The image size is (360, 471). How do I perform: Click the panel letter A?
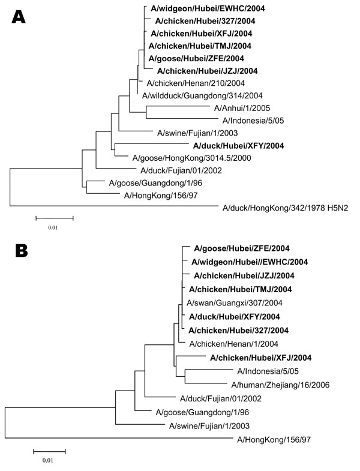19,17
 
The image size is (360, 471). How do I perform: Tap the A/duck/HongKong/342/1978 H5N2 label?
285,208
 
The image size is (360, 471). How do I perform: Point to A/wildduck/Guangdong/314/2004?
202,96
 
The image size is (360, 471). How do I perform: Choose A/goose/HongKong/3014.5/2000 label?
192,158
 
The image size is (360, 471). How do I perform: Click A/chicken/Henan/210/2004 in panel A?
196,83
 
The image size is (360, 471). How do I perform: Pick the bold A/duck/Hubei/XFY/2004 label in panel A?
238,146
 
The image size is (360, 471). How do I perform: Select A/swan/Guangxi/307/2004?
235,303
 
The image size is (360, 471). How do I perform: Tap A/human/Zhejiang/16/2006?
280,385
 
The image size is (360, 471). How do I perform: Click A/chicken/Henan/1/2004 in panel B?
234,344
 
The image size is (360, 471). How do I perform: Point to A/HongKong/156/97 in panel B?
274,440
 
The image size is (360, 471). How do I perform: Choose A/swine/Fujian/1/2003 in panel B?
209,426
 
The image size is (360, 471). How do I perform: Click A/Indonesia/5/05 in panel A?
253,121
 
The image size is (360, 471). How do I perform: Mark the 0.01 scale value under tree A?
53,227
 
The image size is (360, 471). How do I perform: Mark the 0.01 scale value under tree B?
47,460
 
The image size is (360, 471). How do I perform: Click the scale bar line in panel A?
55,218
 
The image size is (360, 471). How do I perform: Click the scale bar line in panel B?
49,451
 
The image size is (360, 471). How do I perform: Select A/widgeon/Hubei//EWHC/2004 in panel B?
250,262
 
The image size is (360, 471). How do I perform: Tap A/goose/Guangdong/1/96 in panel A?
155,183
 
